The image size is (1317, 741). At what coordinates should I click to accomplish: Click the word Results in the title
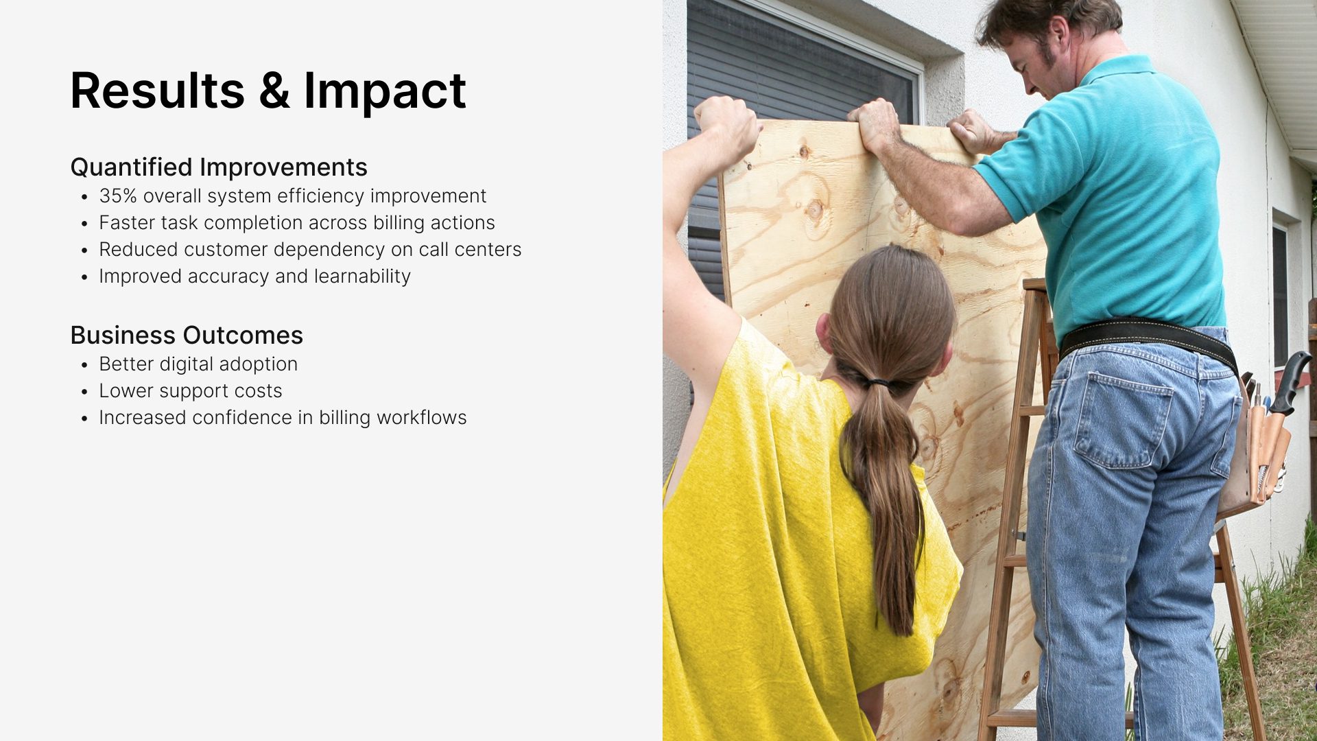[157, 91]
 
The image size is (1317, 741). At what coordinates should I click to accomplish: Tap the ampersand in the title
[274, 91]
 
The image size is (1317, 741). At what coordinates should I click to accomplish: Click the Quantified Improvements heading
[219, 167]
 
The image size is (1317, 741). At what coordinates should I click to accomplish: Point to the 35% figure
[118, 196]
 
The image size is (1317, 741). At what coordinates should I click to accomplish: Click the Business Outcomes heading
[187, 335]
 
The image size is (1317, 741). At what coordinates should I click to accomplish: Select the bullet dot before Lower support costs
[84, 392]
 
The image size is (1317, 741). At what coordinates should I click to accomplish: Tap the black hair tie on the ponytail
[878, 381]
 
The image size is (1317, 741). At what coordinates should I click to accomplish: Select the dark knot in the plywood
[814, 209]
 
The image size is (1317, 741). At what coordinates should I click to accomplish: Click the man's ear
[1058, 34]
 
